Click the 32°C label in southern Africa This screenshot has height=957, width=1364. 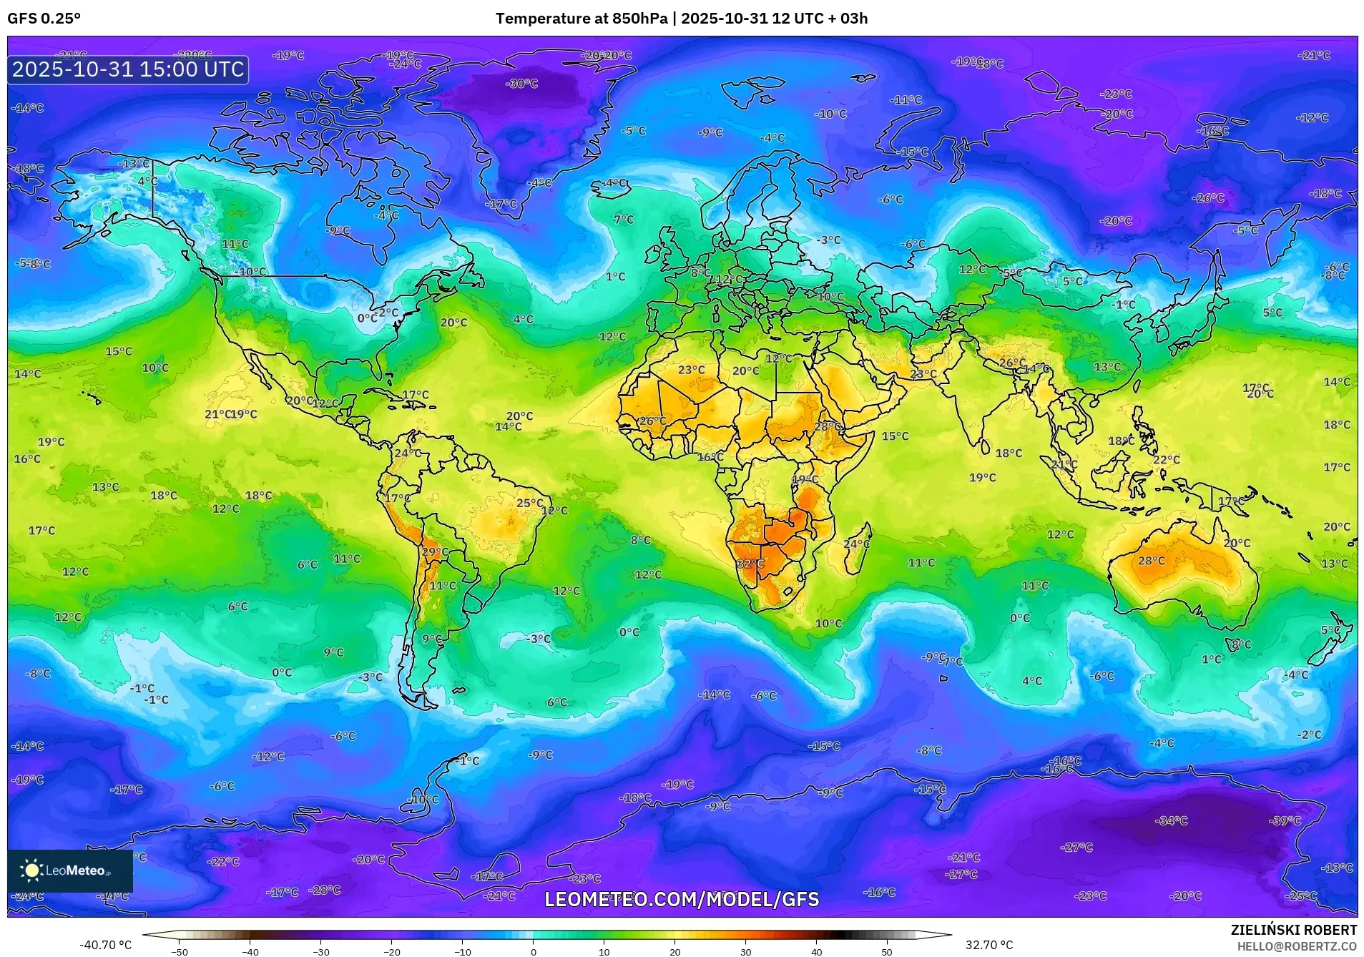pyautogui.click(x=750, y=564)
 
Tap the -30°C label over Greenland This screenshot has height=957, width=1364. pyautogui.click(x=522, y=84)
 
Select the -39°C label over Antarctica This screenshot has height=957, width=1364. pyautogui.click(x=1285, y=820)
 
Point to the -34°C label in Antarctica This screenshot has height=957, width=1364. pyautogui.click(x=1171, y=820)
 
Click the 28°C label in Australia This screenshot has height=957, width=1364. pyautogui.click(x=1151, y=561)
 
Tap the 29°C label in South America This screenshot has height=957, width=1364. pyautogui.click(x=435, y=551)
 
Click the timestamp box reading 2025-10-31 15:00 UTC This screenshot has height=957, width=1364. pyautogui.click(x=128, y=69)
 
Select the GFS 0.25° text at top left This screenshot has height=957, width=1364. pyautogui.click(x=44, y=19)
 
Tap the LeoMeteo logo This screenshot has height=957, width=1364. pyautogui.click(x=69, y=870)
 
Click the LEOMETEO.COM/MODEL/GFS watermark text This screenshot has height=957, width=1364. pyautogui.click(x=682, y=899)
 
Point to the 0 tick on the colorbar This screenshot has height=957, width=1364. pyautogui.click(x=533, y=951)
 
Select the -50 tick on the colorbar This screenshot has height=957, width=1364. pyautogui.click(x=180, y=951)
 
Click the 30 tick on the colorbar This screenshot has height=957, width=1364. pyautogui.click(x=745, y=951)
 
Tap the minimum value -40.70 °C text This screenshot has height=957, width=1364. pyautogui.click(x=105, y=945)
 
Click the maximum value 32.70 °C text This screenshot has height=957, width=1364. pyautogui.click(x=988, y=945)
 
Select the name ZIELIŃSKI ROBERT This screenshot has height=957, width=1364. pyautogui.click(x=1293, y=930)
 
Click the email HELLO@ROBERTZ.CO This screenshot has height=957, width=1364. pyautogui.click(x=1296, y=946)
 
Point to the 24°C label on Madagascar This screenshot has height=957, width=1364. pyautogui.click(x=856, y=544)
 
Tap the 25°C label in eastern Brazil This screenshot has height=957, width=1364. pyautogui.click(x=530, y=503)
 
